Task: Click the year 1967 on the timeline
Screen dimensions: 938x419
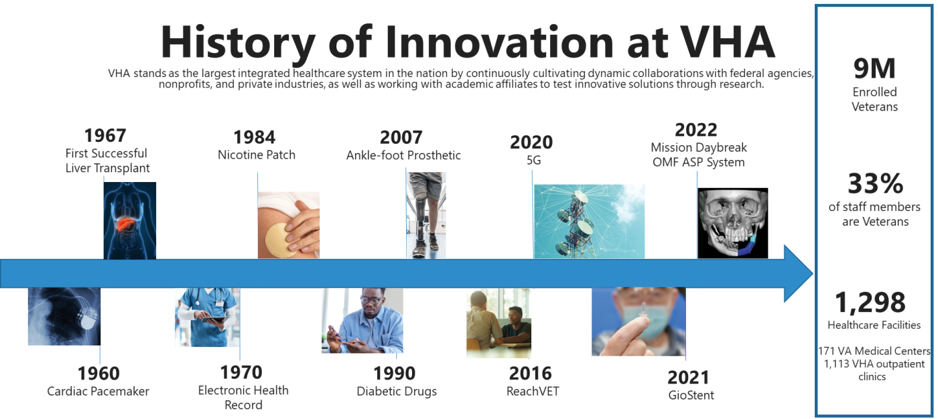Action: tap(105, 135)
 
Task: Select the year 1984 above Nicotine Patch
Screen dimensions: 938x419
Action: tap(254, 137)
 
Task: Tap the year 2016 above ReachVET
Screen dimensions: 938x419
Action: tap(531, 373)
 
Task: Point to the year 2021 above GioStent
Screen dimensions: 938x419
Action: tap(689, 378)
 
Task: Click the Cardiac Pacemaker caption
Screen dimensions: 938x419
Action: tap(98, 392)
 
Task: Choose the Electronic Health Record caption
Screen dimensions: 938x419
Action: tap(243, 398)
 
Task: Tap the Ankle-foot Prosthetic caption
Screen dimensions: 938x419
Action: tap(403, 155)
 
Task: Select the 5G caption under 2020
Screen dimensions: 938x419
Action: tap(534, 160)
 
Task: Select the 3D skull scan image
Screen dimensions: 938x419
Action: tap(733, 224)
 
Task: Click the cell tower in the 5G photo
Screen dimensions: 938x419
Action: tap(578, 225)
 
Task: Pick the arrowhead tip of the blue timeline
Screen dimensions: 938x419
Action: tap(813, 274)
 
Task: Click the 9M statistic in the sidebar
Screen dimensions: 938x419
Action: tap(874, 68)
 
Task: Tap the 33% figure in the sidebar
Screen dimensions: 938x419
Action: tap(875, 183)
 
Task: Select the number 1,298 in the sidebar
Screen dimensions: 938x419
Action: tap(870, 303)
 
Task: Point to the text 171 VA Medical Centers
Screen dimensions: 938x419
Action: tap(874, 351)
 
